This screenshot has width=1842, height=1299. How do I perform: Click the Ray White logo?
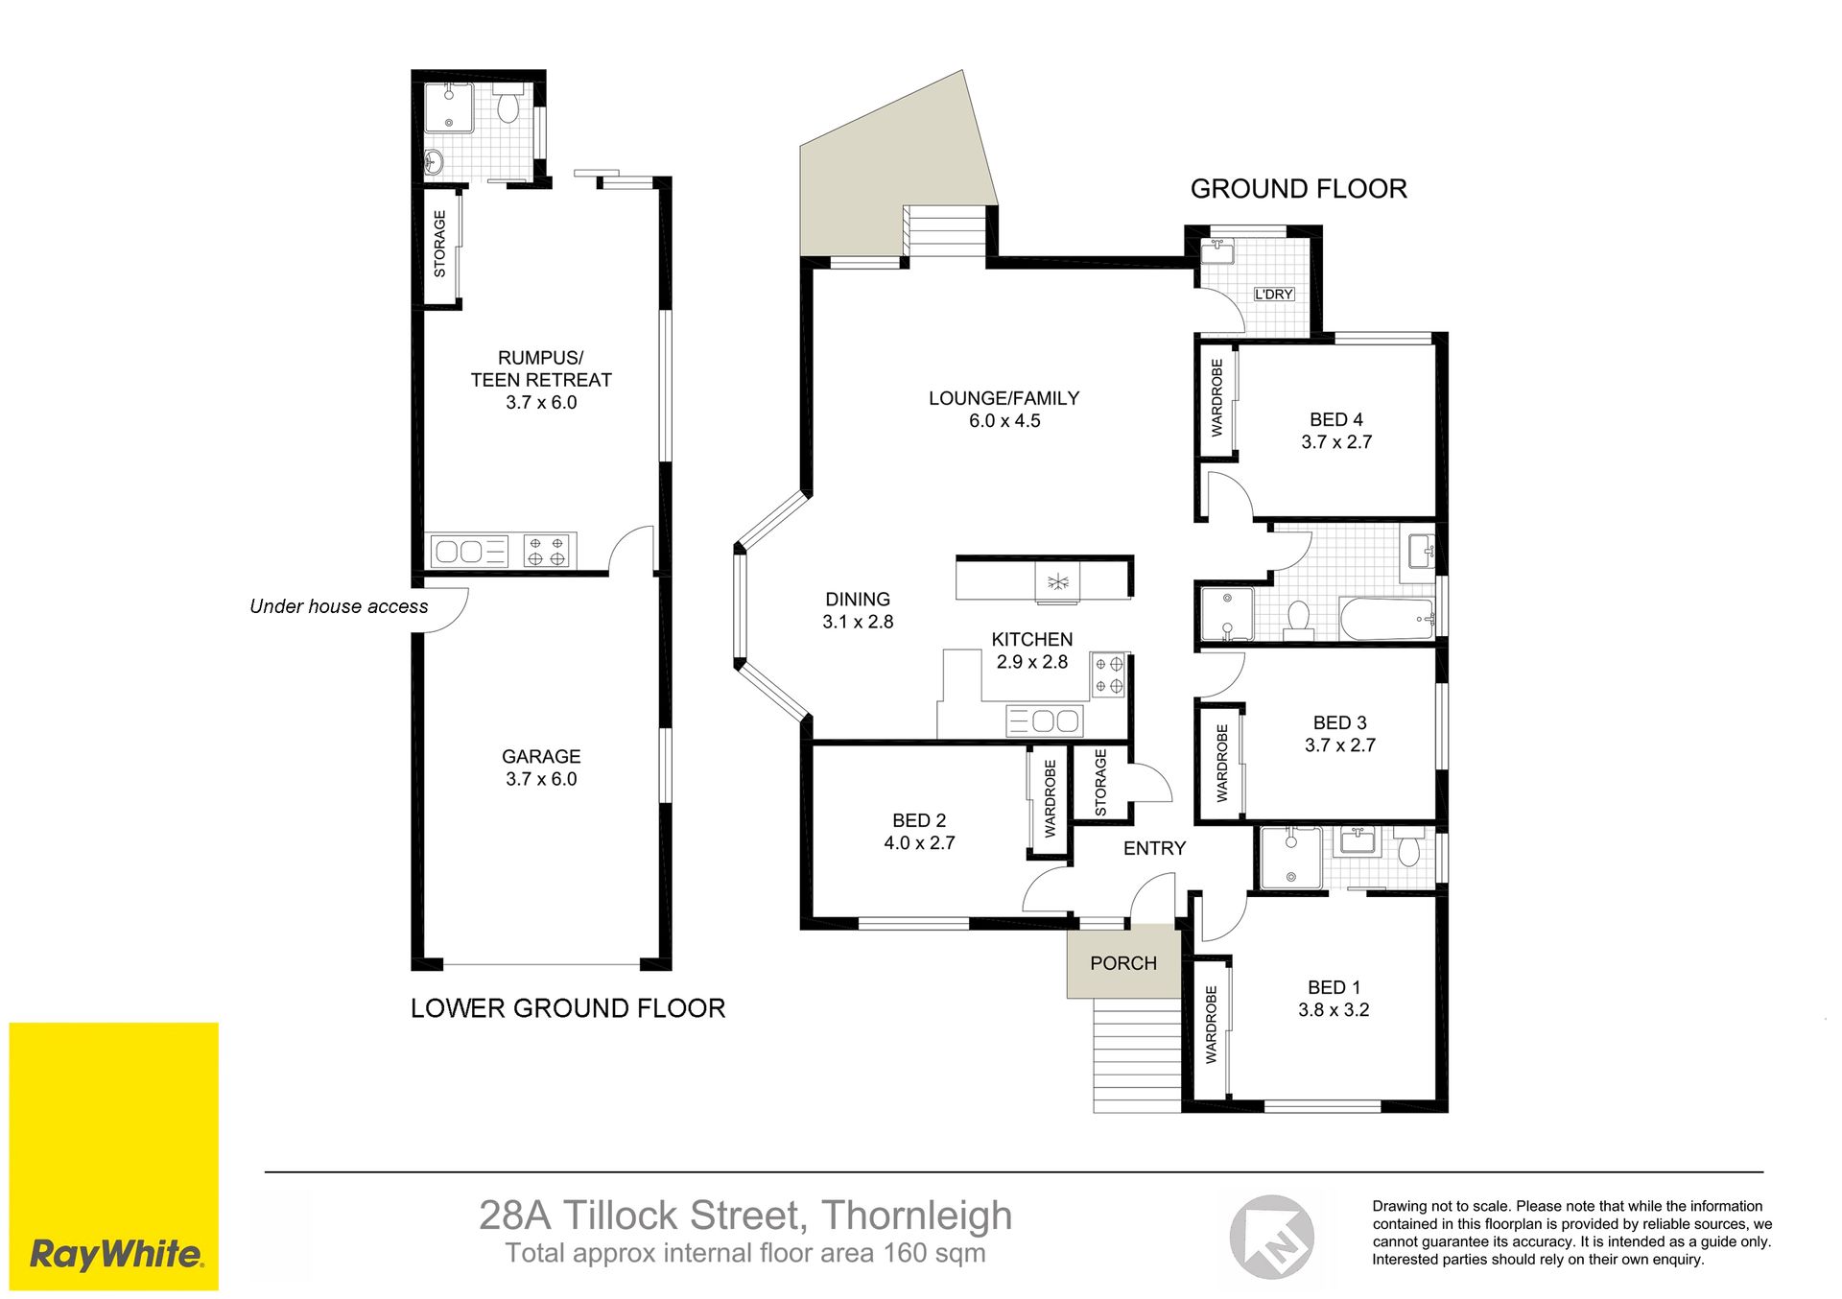click(114, 1156)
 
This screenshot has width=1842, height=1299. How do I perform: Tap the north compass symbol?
click(1272, 1237)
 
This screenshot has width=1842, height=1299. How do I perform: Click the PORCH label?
click(1123, 963)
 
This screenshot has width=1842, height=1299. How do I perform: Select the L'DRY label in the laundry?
click(1274, 294)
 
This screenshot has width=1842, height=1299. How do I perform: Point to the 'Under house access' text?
click(339, 606)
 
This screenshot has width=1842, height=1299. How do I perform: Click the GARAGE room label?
click(541, 757)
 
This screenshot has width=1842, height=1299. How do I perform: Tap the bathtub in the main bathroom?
click(1387, 619)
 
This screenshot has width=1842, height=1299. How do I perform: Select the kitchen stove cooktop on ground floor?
click(1108, 674)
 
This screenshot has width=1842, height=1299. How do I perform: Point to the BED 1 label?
click(1334, 987)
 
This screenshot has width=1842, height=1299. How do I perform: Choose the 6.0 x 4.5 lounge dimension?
click(1004, 421)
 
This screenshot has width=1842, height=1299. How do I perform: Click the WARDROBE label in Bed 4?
click(1217, 398)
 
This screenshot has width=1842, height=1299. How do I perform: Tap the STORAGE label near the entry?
click(1100, 783)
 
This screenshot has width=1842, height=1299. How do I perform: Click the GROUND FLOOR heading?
click(1299, 189)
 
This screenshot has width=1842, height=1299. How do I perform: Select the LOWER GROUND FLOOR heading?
click(568, 1008)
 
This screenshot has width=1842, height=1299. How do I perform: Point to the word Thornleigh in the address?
click(916, 1216)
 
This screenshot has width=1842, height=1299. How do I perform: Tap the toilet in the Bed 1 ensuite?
click(1408, 851)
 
